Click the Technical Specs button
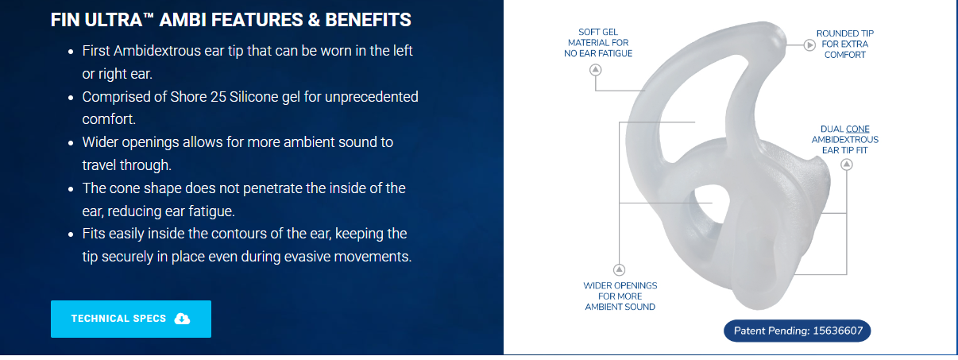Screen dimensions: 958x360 131,319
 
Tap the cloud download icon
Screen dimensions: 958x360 182,319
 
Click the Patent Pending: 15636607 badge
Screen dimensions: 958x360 798,331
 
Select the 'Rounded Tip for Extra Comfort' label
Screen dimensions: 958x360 844,44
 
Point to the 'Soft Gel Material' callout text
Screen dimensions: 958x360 598,42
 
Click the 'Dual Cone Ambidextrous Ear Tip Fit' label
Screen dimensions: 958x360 844,140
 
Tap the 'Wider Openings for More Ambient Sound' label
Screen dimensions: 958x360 620,296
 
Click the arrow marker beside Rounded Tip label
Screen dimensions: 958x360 809,45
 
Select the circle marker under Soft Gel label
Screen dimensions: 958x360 595,70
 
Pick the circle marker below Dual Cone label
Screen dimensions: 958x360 846,165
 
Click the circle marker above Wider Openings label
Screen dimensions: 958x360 619,270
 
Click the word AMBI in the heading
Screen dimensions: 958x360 183,20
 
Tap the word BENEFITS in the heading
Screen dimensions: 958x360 369,20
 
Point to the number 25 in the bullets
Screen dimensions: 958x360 218,97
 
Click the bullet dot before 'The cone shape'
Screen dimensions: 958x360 71,189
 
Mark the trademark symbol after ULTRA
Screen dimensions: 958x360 149,16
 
